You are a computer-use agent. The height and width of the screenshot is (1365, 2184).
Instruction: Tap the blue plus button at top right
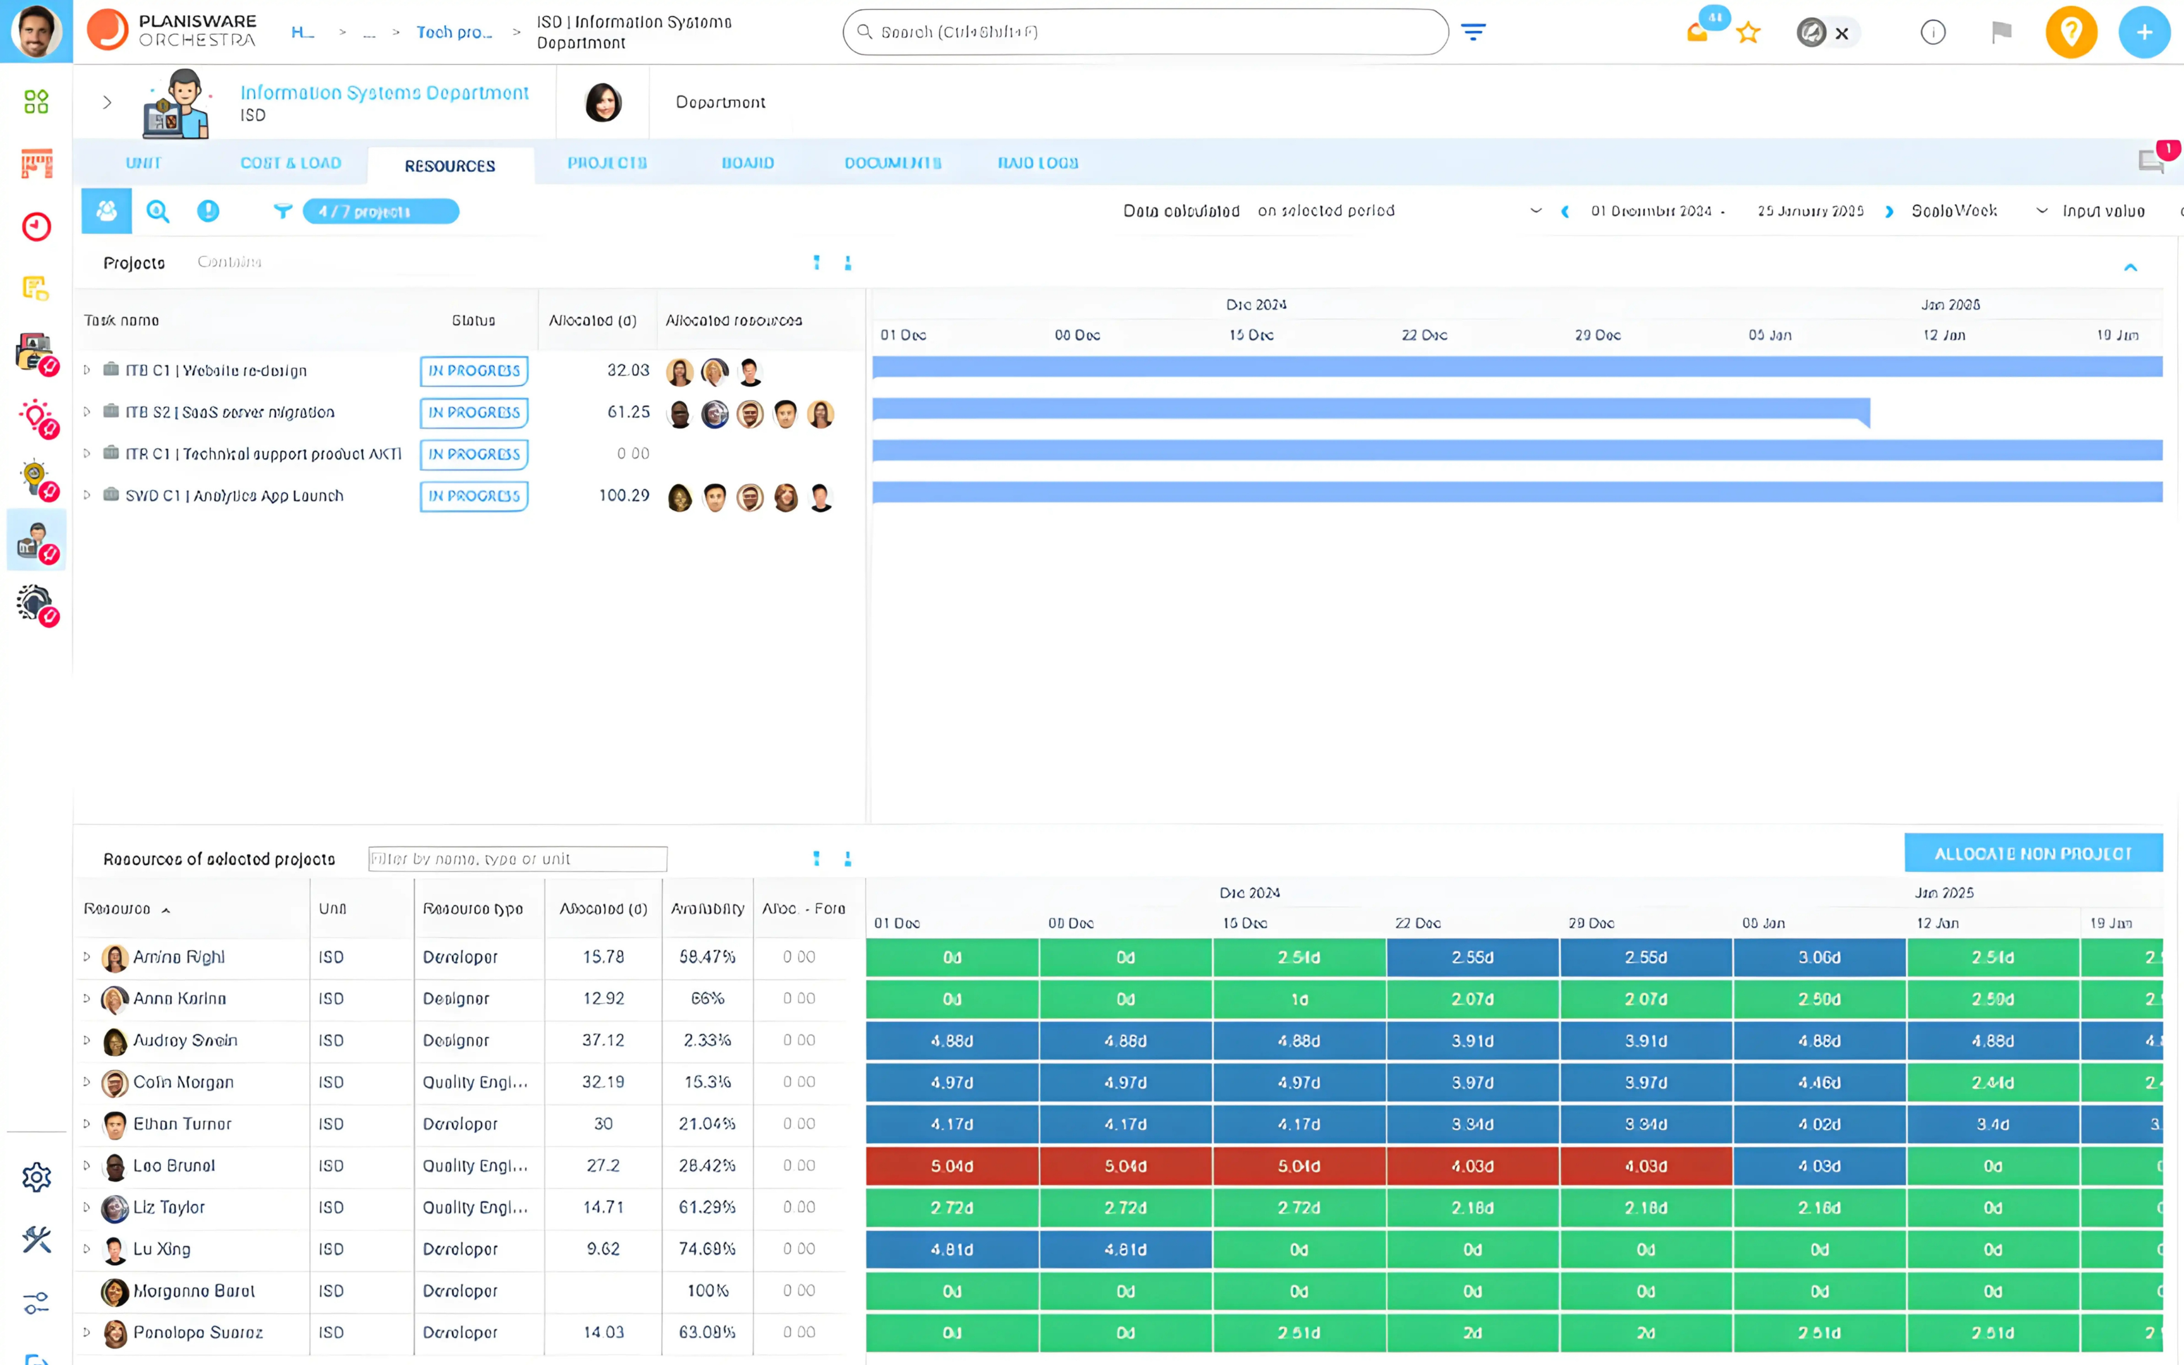(2144, 32)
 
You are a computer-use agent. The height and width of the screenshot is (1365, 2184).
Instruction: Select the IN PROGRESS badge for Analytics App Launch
(474, 495)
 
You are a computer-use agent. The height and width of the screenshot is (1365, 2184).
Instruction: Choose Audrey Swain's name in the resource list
(185, 1041)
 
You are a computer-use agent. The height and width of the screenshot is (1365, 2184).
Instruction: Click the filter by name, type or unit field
(517, 859)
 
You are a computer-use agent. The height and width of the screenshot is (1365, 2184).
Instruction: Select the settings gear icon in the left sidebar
(36, 1177)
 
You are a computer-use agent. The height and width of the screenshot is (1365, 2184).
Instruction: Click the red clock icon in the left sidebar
(36, 227)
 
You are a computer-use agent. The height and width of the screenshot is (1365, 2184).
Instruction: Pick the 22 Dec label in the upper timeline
(1424, 335)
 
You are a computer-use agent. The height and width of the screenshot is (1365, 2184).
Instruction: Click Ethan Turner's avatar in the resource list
(114, 1125)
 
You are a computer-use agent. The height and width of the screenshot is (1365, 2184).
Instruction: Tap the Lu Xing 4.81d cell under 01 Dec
(952, 1249)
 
